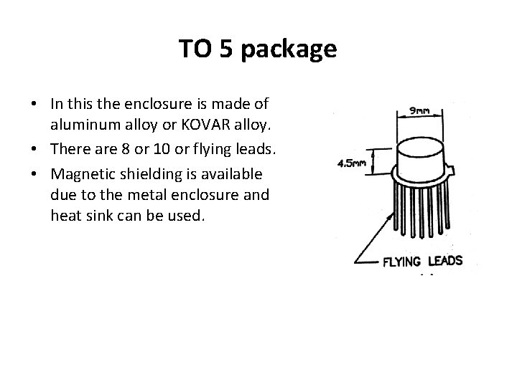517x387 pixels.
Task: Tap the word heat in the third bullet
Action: click(x=65, y=214)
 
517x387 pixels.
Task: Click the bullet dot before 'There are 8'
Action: click(x=35, y=150)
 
